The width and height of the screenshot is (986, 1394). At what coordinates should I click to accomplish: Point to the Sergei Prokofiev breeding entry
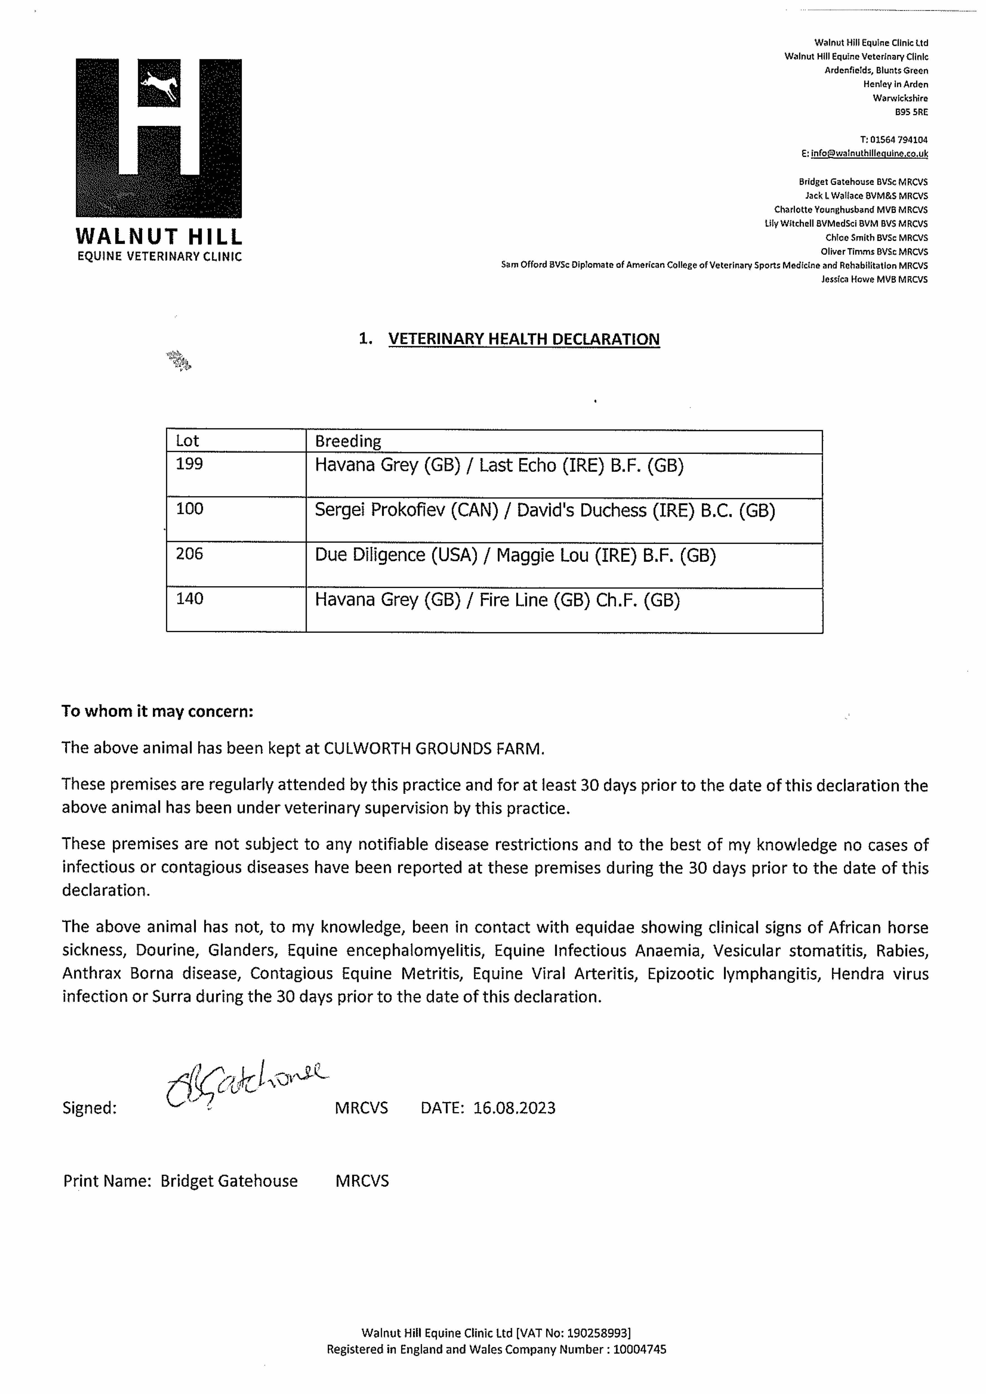544,510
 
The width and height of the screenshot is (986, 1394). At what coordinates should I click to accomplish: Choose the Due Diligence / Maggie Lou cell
515,556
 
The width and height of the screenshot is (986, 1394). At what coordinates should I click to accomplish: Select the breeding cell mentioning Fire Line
497,601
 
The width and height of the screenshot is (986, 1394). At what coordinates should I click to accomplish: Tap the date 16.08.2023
514,1108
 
